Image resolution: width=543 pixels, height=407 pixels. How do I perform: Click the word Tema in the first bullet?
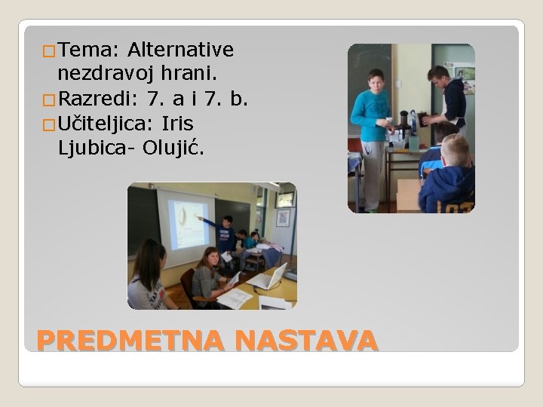83,50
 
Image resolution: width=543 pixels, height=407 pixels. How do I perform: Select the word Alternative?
180,50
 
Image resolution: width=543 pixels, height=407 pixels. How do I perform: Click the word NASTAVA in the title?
305,341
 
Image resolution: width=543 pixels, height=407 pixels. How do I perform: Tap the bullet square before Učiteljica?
49,124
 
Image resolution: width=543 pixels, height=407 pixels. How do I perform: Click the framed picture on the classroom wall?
283,218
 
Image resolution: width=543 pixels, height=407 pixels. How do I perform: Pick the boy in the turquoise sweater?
370,128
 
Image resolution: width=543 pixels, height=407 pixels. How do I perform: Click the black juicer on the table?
405,128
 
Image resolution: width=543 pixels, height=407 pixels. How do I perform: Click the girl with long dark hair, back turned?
148,279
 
